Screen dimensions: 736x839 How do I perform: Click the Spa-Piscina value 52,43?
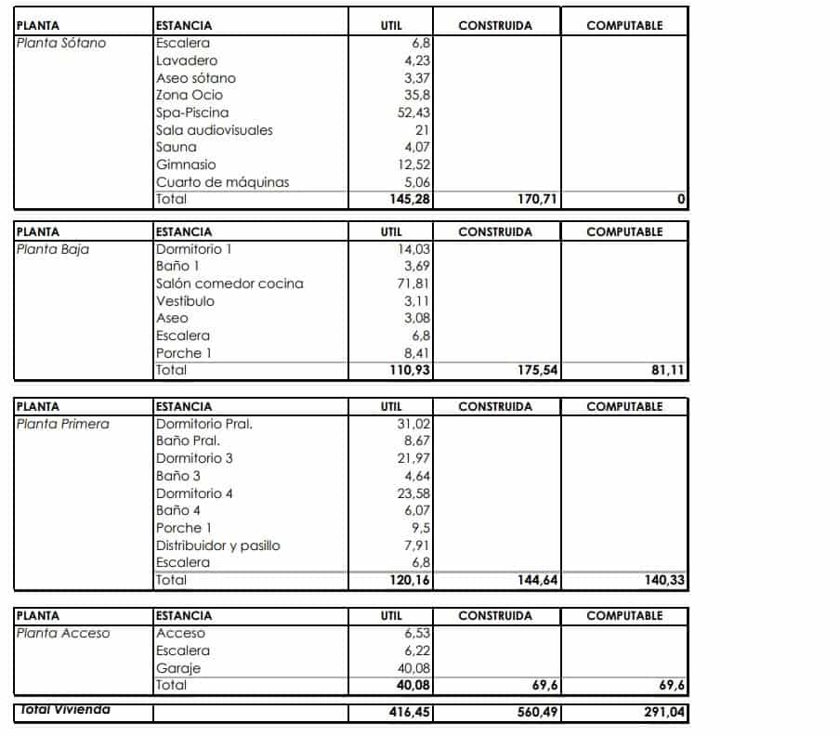point(413,112)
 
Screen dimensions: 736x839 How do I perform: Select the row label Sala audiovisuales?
point(215,130)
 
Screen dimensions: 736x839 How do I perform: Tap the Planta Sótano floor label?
point(61,43)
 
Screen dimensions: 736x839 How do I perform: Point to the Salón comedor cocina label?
point(229,283)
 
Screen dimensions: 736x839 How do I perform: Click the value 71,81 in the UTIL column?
point(413,283)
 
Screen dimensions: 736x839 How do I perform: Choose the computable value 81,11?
point(666,370)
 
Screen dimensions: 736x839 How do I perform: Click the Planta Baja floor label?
point(53,249)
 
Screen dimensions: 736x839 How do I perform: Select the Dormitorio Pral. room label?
point(204,424)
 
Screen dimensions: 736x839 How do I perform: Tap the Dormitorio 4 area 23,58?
point(413,493)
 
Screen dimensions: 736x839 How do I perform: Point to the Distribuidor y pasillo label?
point(217,545)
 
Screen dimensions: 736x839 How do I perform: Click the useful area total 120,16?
point(409,580)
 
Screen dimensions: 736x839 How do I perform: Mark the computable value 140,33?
point(662,580)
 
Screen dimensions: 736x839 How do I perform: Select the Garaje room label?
point(178,668)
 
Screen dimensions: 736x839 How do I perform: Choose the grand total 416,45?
point(409,713)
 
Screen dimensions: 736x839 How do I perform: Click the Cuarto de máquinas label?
point(223,182)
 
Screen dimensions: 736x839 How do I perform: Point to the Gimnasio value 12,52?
point(413,164)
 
